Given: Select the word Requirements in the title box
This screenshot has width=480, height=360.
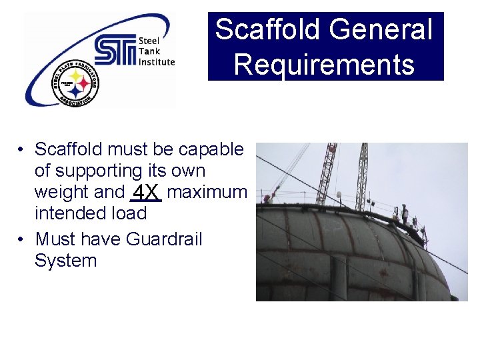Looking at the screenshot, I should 325,65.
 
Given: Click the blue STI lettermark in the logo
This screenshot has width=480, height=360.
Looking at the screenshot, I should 114,51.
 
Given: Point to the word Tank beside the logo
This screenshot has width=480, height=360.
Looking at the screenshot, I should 148,51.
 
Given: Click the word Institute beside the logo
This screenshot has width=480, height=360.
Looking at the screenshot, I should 156,62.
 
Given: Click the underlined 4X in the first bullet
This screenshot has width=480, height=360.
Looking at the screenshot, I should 146,193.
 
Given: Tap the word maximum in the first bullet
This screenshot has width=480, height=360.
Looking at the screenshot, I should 207,192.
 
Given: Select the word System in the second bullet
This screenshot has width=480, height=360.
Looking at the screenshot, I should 65,260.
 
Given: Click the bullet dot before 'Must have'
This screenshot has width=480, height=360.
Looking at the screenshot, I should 22,239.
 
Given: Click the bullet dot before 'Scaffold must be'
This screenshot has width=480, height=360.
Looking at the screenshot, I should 22,150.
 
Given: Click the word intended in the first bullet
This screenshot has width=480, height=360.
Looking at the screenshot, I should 73,213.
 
